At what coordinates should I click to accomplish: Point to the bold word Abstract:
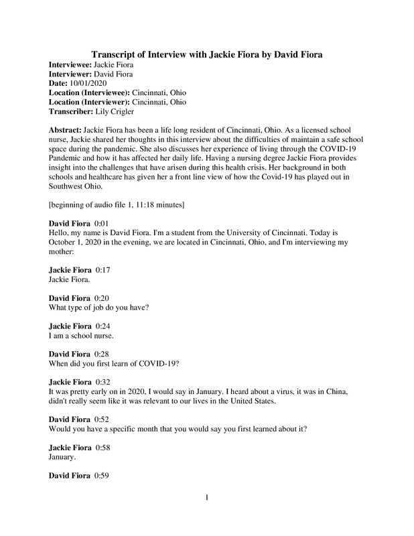click(x=70, y=127)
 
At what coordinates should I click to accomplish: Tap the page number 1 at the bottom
click(x=207, y=496)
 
